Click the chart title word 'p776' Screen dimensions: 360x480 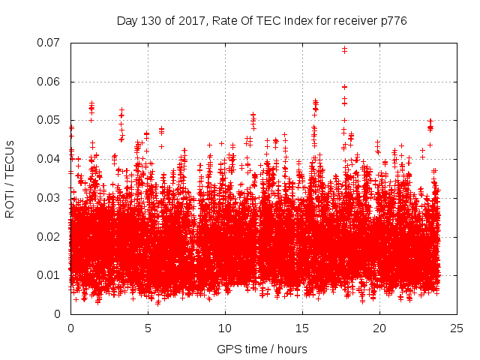(393, 20)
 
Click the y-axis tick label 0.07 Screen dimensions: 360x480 (51, 43)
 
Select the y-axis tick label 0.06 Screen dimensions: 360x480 (51, 82)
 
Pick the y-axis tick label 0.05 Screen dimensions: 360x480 (51, 120)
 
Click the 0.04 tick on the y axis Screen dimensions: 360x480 (51, 159)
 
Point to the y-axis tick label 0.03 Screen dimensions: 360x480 (51, 198)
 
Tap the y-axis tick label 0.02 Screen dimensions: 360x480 (51, 236)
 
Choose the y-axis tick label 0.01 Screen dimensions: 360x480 (51, 275)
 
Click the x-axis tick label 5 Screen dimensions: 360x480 (148, 328)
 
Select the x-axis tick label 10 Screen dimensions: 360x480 (225, 328)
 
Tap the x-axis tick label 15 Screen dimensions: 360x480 (302, 328)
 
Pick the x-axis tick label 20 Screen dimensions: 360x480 (379, 328)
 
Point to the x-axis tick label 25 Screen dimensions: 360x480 (457, 328)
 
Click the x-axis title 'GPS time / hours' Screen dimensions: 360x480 (262, 349)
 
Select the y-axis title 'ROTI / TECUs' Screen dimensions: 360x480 (10, 178)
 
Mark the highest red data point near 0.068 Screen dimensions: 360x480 (345, 49)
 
